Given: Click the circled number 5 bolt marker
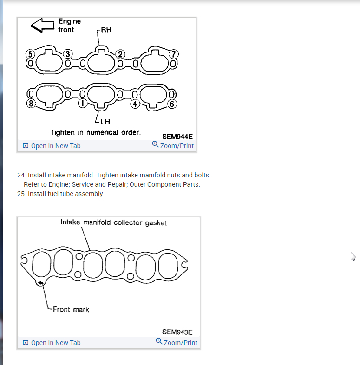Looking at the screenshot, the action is [30, 53].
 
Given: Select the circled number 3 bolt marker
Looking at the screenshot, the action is [67, 53].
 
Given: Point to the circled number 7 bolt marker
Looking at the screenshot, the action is [174, 53].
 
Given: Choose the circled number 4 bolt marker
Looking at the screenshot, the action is [135, 103].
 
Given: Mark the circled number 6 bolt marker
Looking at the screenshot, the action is [172, 103].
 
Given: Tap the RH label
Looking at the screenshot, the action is [106, 30].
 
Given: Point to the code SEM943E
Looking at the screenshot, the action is [177, 332].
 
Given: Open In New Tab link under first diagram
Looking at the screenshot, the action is [55, 146].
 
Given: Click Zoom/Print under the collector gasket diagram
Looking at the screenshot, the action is [180, 343].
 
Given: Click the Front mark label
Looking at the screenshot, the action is [71, 309].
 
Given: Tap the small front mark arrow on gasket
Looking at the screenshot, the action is [41, 283].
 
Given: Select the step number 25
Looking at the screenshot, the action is [21, 194].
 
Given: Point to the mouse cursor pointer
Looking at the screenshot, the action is [353, 256].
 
